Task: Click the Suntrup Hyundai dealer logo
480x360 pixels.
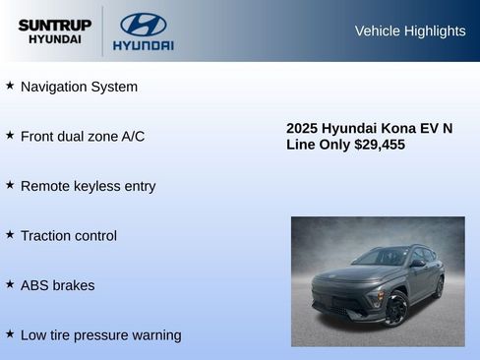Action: click(55, 31)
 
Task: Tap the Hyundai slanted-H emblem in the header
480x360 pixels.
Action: click(144, 25)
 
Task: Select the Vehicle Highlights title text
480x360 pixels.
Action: click(410, 31)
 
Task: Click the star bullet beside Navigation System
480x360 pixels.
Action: click(10, 86)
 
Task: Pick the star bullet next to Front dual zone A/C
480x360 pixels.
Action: click(10, 135)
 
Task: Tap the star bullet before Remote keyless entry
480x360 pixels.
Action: click(10, 185)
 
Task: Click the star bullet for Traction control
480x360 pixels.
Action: click(10, 235)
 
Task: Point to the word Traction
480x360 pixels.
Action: click(45, 236)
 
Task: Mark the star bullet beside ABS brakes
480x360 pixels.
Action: click(10, 284)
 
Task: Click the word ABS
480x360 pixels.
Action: click(35, 285)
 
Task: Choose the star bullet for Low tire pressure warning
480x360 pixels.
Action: click(10, 334)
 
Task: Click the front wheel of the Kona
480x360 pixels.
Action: click(395, 308)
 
